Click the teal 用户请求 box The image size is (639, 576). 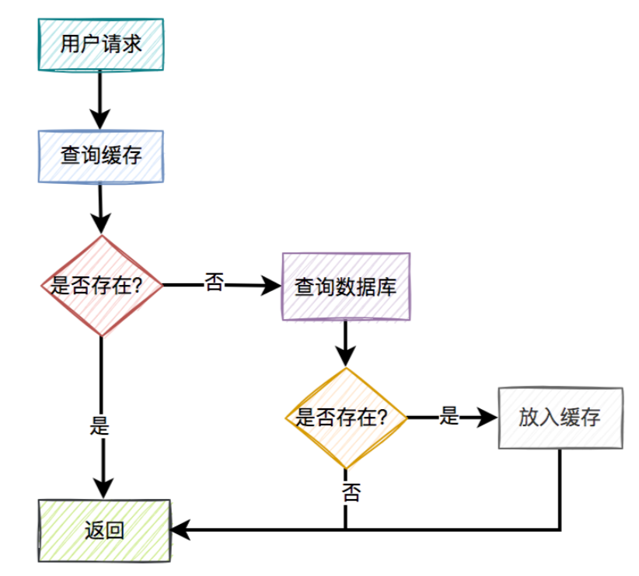tap(101, 44)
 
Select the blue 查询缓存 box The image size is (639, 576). tap(101, 157)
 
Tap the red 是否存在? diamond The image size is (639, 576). tap(102, 286)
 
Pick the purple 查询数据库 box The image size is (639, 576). tap(345, 286)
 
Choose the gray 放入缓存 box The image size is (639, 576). tap(560, 417)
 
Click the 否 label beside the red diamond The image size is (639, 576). tap(215, 283)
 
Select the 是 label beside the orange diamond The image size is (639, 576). tap(449, 415)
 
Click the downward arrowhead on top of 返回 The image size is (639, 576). tap(102, 488)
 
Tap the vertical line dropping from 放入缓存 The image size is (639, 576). tap(560, 489)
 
